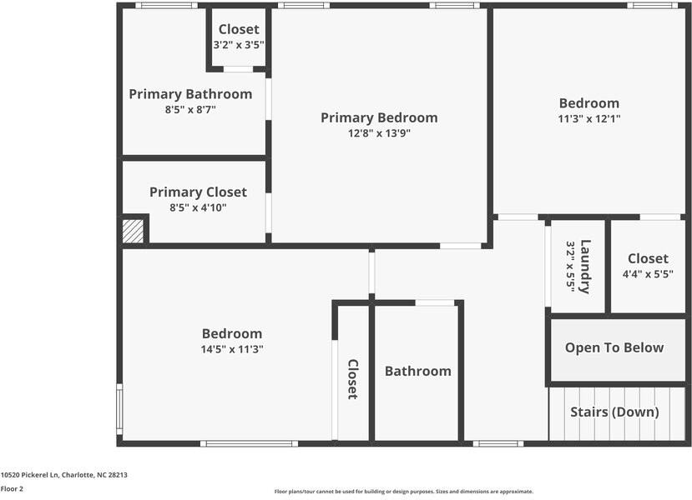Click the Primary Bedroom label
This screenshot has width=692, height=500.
click(379, 117)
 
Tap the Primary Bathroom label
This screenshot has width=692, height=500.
click(190, 94)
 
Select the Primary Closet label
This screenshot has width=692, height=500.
click(198, 192)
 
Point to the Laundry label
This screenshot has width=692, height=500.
click(585, 266)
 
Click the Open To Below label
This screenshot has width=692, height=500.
click(614, 347)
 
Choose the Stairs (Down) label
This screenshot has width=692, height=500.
click(614, 412)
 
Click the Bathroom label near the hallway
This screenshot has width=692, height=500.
click(417, 371)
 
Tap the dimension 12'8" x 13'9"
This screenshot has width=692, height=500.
click(379, 133)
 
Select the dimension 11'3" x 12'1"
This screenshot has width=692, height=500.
click(589, 118)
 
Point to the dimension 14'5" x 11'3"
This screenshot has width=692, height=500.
click(232, 349)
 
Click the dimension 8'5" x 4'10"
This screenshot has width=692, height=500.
click(198, 207)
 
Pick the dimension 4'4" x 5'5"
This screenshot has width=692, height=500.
click(648, 273)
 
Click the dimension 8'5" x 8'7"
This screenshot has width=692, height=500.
click(190, 109)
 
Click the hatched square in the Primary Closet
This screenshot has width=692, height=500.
click(134, 231)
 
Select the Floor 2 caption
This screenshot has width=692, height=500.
click(12, 489)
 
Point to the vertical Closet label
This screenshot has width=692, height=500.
click(353, 379)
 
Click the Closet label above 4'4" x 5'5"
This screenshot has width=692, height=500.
click(648, 258)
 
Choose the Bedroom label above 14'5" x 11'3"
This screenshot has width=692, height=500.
click(232, 333)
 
